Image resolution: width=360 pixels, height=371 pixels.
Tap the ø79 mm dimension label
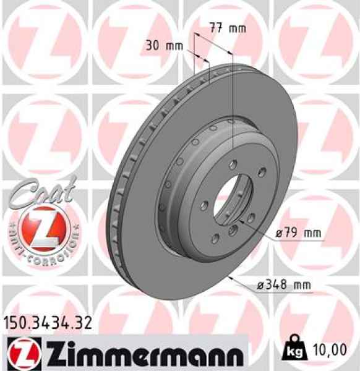(x=298, y=233)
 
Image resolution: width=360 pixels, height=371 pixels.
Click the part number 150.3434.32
(x=48, y=321)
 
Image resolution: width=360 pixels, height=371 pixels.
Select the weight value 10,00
(x=330, y=351)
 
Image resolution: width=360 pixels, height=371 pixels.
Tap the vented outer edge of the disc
(x=118, y=204)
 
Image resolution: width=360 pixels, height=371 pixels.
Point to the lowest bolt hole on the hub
(x=233, y=230)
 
